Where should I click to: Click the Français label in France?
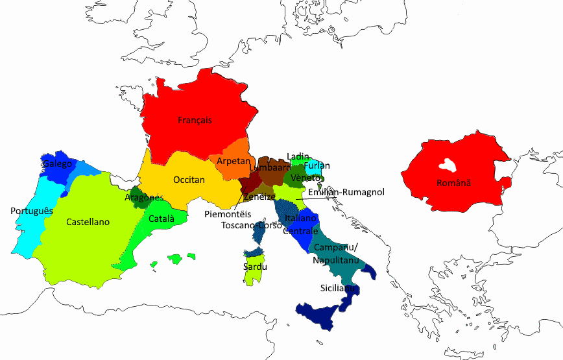coord(195,120)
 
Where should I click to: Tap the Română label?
coord(453,184)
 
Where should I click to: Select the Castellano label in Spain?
coord(88,222)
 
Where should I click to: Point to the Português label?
coord(31,211)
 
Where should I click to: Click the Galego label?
coord(58,164)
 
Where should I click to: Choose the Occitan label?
coord(189,180)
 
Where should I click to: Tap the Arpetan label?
coord(230,160)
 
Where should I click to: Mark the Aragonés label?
coord(144,198)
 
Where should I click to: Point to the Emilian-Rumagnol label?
coord(346,192)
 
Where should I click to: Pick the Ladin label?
coord(298,156)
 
